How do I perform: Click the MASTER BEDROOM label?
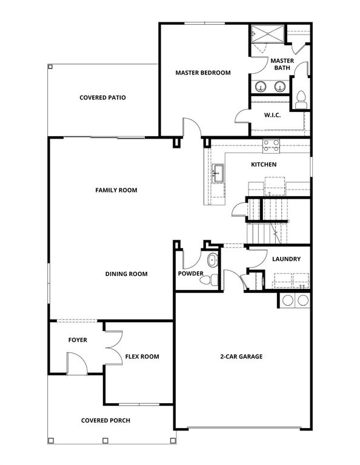coord(203,73)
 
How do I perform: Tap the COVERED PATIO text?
coord(102,97)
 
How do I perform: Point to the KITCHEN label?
coord(264,165)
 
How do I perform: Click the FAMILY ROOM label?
coord(116,190)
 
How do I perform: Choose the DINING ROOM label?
coord(126,274)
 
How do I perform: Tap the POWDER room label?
coord(191,274)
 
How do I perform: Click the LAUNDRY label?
coord(287,259)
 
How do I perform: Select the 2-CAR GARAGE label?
coord(241,357)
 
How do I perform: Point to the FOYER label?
coord(78,340)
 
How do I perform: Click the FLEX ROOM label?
coord(142,357)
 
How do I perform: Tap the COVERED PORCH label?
coord(105,420)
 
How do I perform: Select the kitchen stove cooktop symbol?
coord(271,145)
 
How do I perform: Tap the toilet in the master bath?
coord(300,99)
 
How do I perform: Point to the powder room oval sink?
coord(212,261)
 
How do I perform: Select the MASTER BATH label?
coord(282,64)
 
